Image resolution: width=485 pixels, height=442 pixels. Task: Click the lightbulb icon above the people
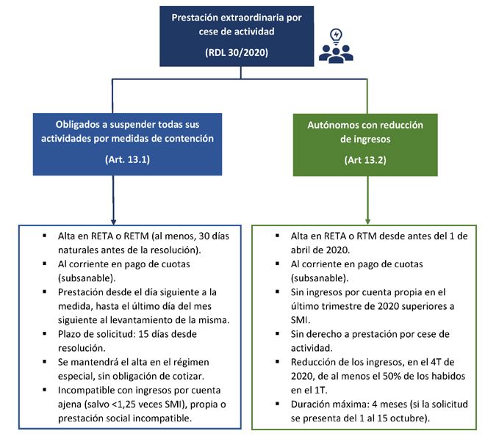(337, 36)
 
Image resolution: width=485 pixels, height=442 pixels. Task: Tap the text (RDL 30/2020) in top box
(237, 52)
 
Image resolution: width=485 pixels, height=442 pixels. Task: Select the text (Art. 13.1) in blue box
(127, 159)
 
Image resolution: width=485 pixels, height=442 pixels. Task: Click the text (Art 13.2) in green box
(365, 160)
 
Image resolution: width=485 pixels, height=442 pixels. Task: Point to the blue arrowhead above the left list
(113, 222)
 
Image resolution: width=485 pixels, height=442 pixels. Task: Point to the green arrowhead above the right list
(367, 222)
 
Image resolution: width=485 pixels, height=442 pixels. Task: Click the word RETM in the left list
(137, 236)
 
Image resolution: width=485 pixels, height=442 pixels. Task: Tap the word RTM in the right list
(367, 236)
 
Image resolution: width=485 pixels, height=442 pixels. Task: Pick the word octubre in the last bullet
(409, 419)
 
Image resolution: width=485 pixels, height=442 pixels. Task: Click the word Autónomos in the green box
(330, 125)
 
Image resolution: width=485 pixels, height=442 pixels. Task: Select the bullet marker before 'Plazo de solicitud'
(45, 333)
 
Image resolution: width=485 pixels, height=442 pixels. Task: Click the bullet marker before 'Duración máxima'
(277, 404)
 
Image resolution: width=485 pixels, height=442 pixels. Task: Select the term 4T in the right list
(437, 362)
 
